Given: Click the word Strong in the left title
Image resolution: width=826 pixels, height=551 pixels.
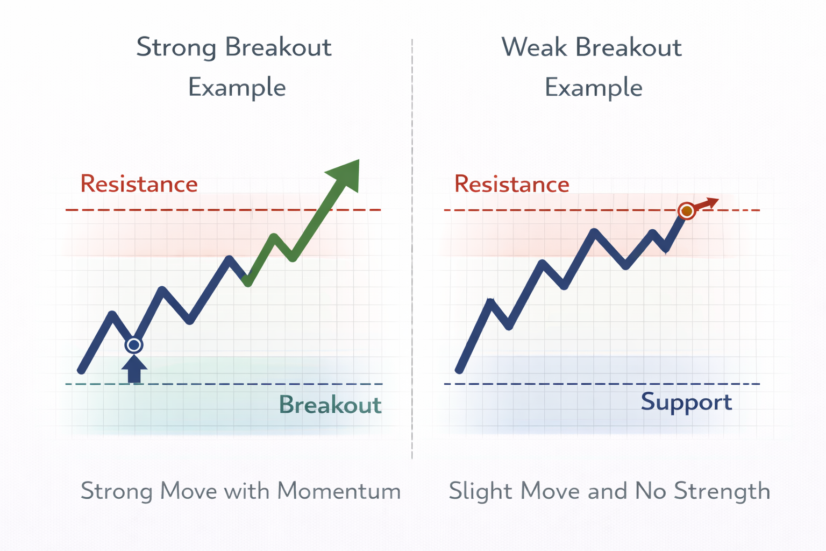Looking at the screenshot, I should pos(176,48).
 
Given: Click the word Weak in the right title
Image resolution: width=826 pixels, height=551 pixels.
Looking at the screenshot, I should pos(534,48).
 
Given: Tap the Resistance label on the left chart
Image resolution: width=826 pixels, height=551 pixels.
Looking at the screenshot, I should pos(139,184).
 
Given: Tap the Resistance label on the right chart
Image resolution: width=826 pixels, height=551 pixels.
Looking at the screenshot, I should pos(511,184).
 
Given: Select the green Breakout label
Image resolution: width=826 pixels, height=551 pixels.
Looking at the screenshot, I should pos(330,405).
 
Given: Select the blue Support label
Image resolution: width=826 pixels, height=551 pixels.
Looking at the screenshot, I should pos(686,402).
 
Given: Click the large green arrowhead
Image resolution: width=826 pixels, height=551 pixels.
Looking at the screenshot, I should pos(345,173).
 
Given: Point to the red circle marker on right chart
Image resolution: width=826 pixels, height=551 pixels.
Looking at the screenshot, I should pos(687,211).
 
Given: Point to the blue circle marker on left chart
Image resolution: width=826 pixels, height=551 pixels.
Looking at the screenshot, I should pos(134,345).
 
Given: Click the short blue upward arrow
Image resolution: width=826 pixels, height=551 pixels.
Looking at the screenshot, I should pos(134,370).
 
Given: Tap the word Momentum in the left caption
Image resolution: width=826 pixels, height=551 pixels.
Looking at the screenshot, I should pos(339,491).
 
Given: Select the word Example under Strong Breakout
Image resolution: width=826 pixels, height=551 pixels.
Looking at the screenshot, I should pos(237,88).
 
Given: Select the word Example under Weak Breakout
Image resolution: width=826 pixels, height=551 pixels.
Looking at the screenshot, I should pos(593,88).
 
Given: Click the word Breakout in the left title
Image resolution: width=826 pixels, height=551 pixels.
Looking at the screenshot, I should pos(278,48).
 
